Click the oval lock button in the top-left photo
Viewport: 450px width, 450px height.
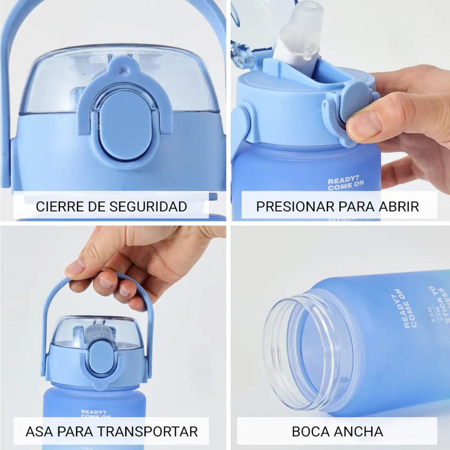tap(124, 124)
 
